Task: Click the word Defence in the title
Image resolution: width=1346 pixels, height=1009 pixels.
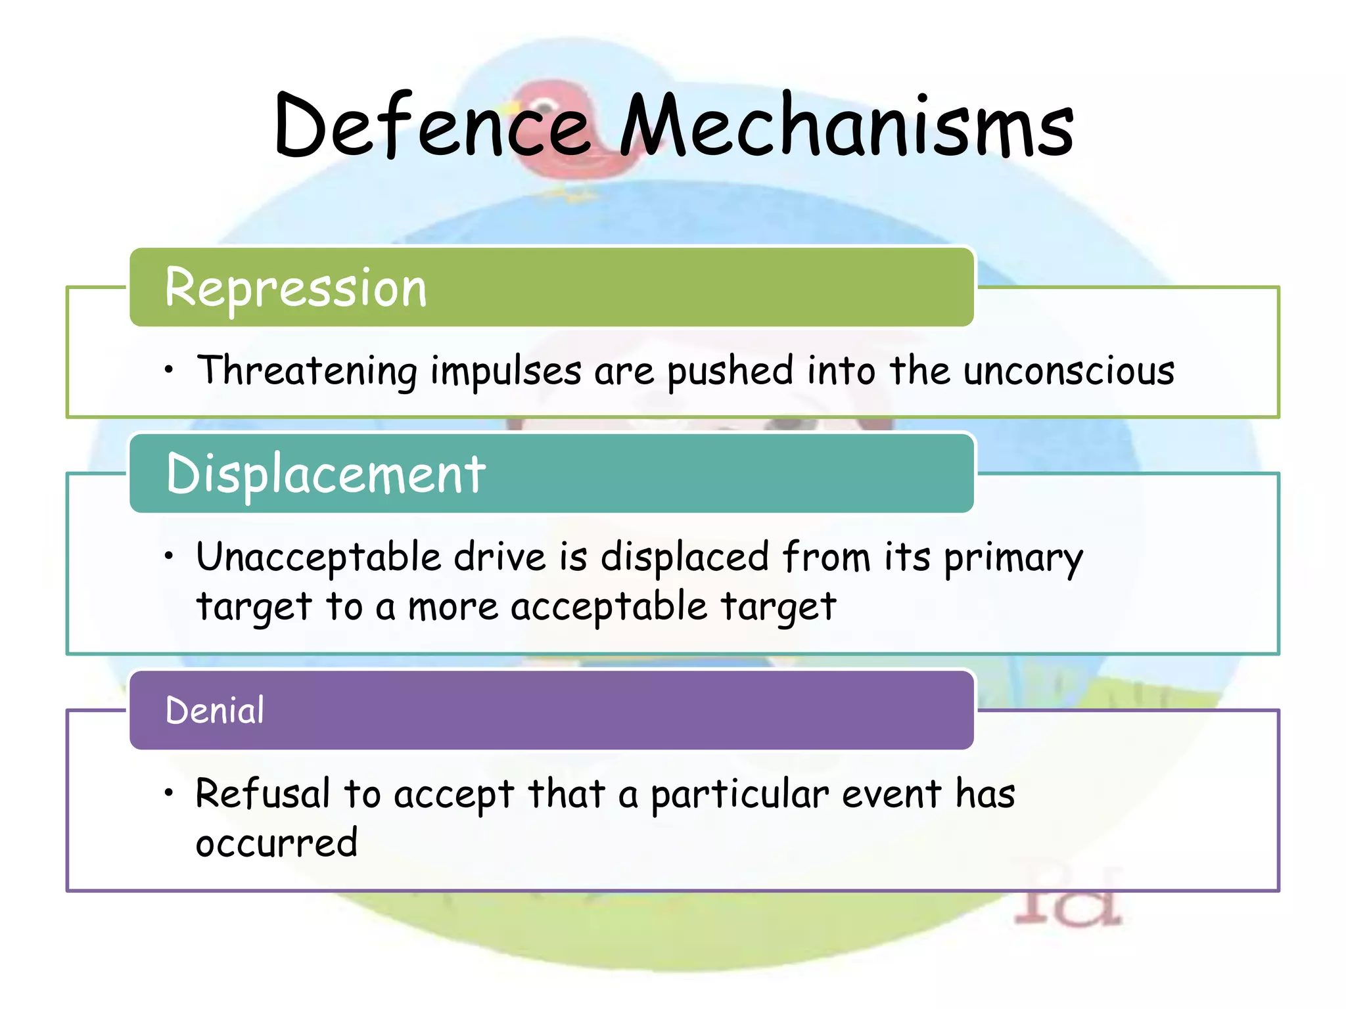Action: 432,126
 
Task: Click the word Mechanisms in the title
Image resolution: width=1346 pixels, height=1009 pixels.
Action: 847,126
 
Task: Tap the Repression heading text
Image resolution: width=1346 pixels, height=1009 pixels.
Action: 296,288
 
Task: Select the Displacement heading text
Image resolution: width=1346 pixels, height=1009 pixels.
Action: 326,474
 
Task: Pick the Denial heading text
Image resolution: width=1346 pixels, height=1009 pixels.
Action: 215,711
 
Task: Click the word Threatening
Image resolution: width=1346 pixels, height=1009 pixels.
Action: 307,371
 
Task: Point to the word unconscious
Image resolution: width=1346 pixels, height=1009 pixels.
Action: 1069,371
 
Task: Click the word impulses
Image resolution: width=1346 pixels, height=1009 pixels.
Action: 506,371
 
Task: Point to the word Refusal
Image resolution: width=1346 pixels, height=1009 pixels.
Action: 263,794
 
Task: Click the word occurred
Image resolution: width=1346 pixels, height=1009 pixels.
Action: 277,843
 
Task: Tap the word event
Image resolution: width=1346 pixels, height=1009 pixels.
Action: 892,794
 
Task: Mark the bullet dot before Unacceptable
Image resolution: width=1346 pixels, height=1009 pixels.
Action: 170,556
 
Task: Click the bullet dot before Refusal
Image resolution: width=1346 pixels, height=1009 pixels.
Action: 170,793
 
